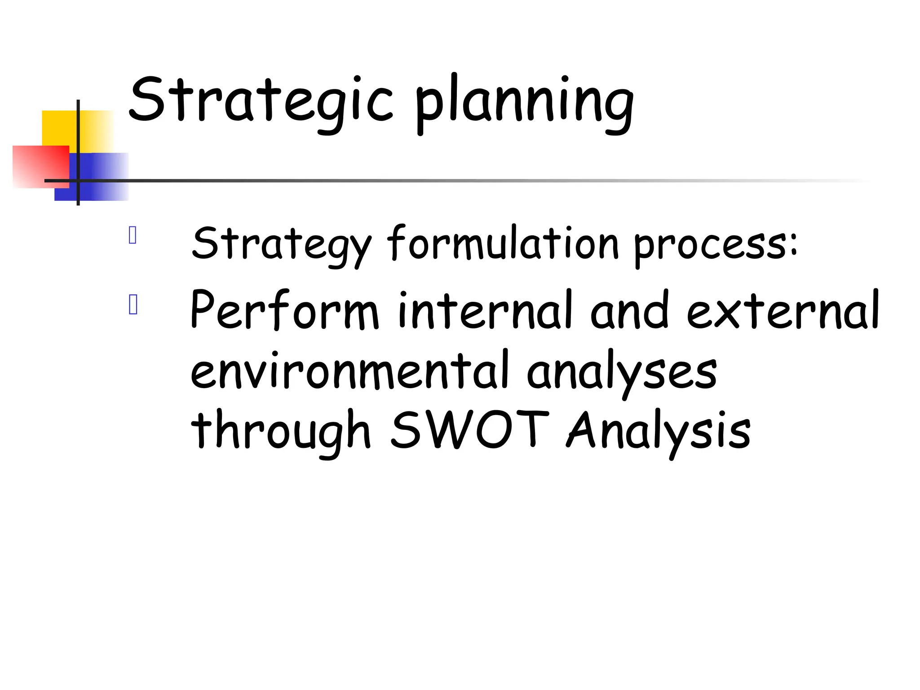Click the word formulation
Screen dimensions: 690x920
tap(503, 243)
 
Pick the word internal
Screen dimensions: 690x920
tap(485, 310)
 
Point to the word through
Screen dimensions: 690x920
tap(281, 431)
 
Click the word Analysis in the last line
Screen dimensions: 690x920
tap(658, 431)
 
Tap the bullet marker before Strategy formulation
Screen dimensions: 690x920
tap(133, 235)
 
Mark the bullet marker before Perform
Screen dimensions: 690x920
tap(133, 305)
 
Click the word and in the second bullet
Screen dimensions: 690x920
tap(629, 310)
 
